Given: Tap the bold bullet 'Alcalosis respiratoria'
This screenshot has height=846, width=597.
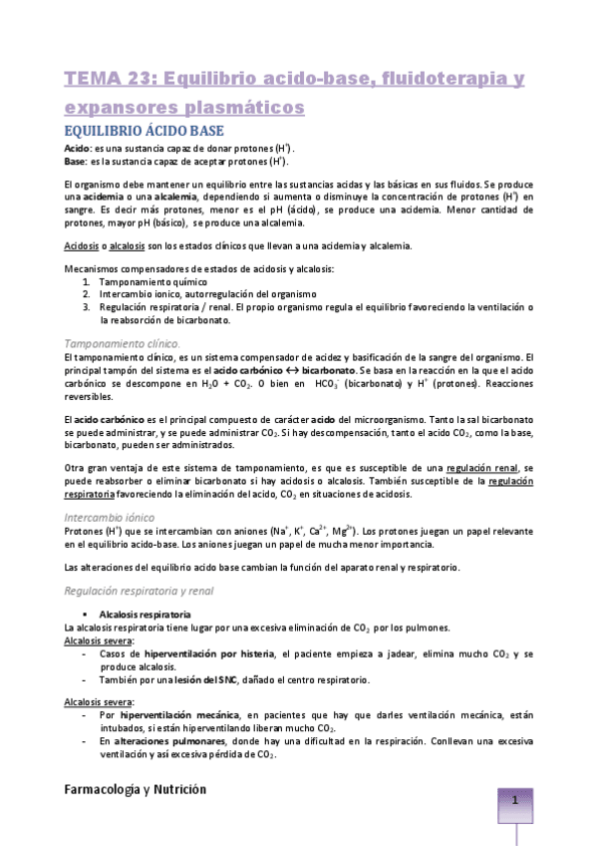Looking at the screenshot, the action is click(x=146, y=613).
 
